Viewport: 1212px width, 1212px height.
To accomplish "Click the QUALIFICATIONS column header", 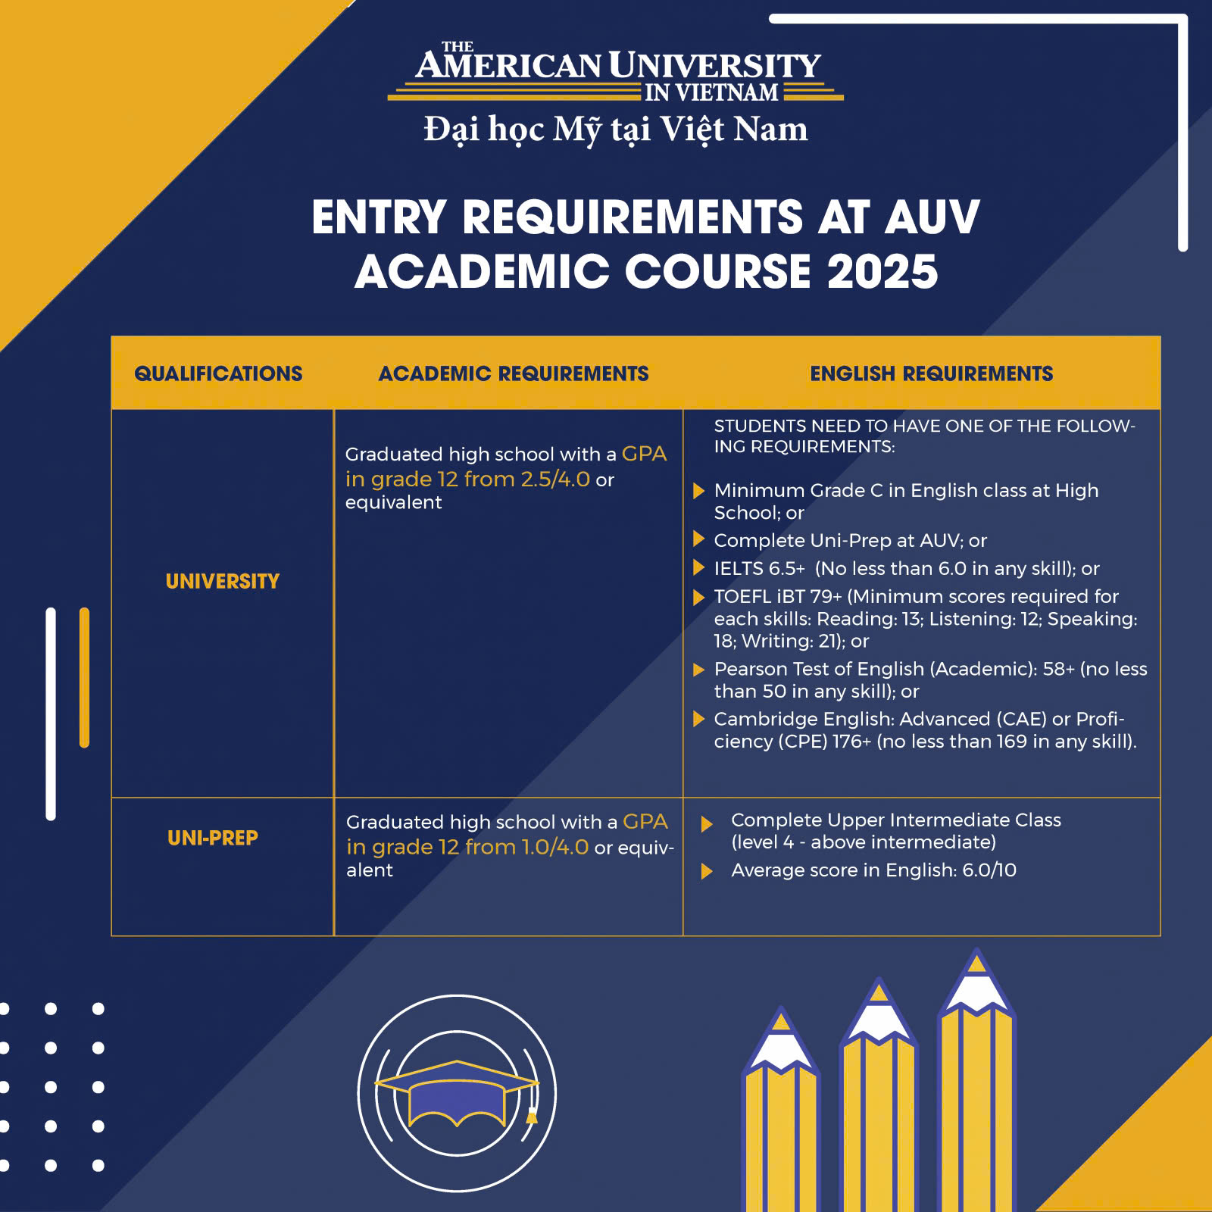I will coord(218,373).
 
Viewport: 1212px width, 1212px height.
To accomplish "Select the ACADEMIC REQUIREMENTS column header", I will coord(514,373).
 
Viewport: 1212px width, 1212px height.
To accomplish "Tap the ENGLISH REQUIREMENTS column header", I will coord(931,373).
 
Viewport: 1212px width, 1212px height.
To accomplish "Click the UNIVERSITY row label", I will coord(222,581).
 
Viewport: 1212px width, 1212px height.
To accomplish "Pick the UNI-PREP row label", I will coord(213,838).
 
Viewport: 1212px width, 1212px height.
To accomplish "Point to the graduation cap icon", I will coord(457,1094).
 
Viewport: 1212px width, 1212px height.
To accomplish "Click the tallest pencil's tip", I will coord(977,964).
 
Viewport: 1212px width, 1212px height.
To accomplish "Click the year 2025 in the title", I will coord(882,272).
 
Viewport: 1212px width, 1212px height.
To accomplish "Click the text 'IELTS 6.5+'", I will coord(759,568).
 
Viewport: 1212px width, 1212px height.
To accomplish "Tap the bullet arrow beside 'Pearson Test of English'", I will coord(698,670).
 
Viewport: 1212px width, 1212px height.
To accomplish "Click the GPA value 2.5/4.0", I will coord(555,479).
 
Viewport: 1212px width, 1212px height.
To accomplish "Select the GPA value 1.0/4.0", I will coord(555,847).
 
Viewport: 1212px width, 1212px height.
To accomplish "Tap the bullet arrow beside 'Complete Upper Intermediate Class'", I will coord(707,824).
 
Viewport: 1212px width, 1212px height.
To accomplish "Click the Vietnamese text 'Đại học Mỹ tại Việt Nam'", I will coord(615,129).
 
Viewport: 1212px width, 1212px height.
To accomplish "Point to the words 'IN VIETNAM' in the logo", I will coord(711,92).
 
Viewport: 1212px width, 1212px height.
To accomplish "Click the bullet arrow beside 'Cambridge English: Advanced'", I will coord(698,719).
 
